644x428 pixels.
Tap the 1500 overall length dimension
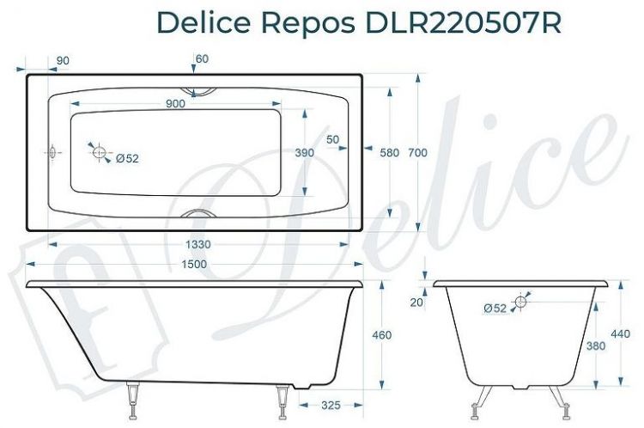tap(194, 264)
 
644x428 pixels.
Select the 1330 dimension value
tap(198, 245)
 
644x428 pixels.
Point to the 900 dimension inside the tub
tap(176, 104)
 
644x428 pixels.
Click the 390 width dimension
tap(304, 152)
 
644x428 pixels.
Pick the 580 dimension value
tap(390, 152)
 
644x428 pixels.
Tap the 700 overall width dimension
tap(417, 152)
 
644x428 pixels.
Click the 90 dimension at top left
tap(63, 59)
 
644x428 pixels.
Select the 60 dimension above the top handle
tap(202, 58)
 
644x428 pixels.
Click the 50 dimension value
tap(332, 139)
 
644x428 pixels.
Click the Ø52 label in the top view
tap(127, 158)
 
